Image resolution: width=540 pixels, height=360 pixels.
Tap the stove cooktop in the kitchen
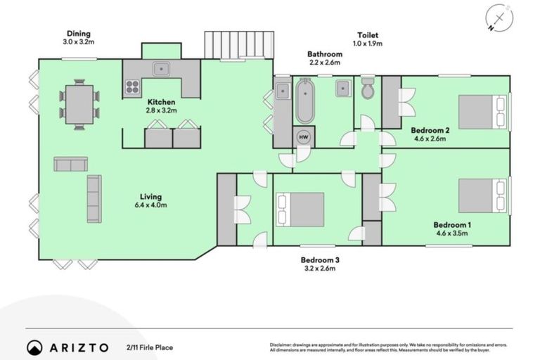[132, 87]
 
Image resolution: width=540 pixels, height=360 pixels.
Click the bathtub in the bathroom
[306, 103]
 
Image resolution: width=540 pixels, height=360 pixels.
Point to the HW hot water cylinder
[304, 137]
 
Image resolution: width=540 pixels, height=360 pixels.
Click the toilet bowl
[367, 90]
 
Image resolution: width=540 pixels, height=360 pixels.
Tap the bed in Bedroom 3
[301, 210]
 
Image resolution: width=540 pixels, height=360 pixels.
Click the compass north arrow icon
[499, 18]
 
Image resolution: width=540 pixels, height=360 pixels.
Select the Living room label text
[150, 196]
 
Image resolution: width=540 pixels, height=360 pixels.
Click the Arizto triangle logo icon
[34, 347]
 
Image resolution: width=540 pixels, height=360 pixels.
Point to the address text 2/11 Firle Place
[150, 347]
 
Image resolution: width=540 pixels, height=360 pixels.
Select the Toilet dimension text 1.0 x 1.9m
[368, 44]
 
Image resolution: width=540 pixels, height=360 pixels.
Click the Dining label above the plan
[79, 33]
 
